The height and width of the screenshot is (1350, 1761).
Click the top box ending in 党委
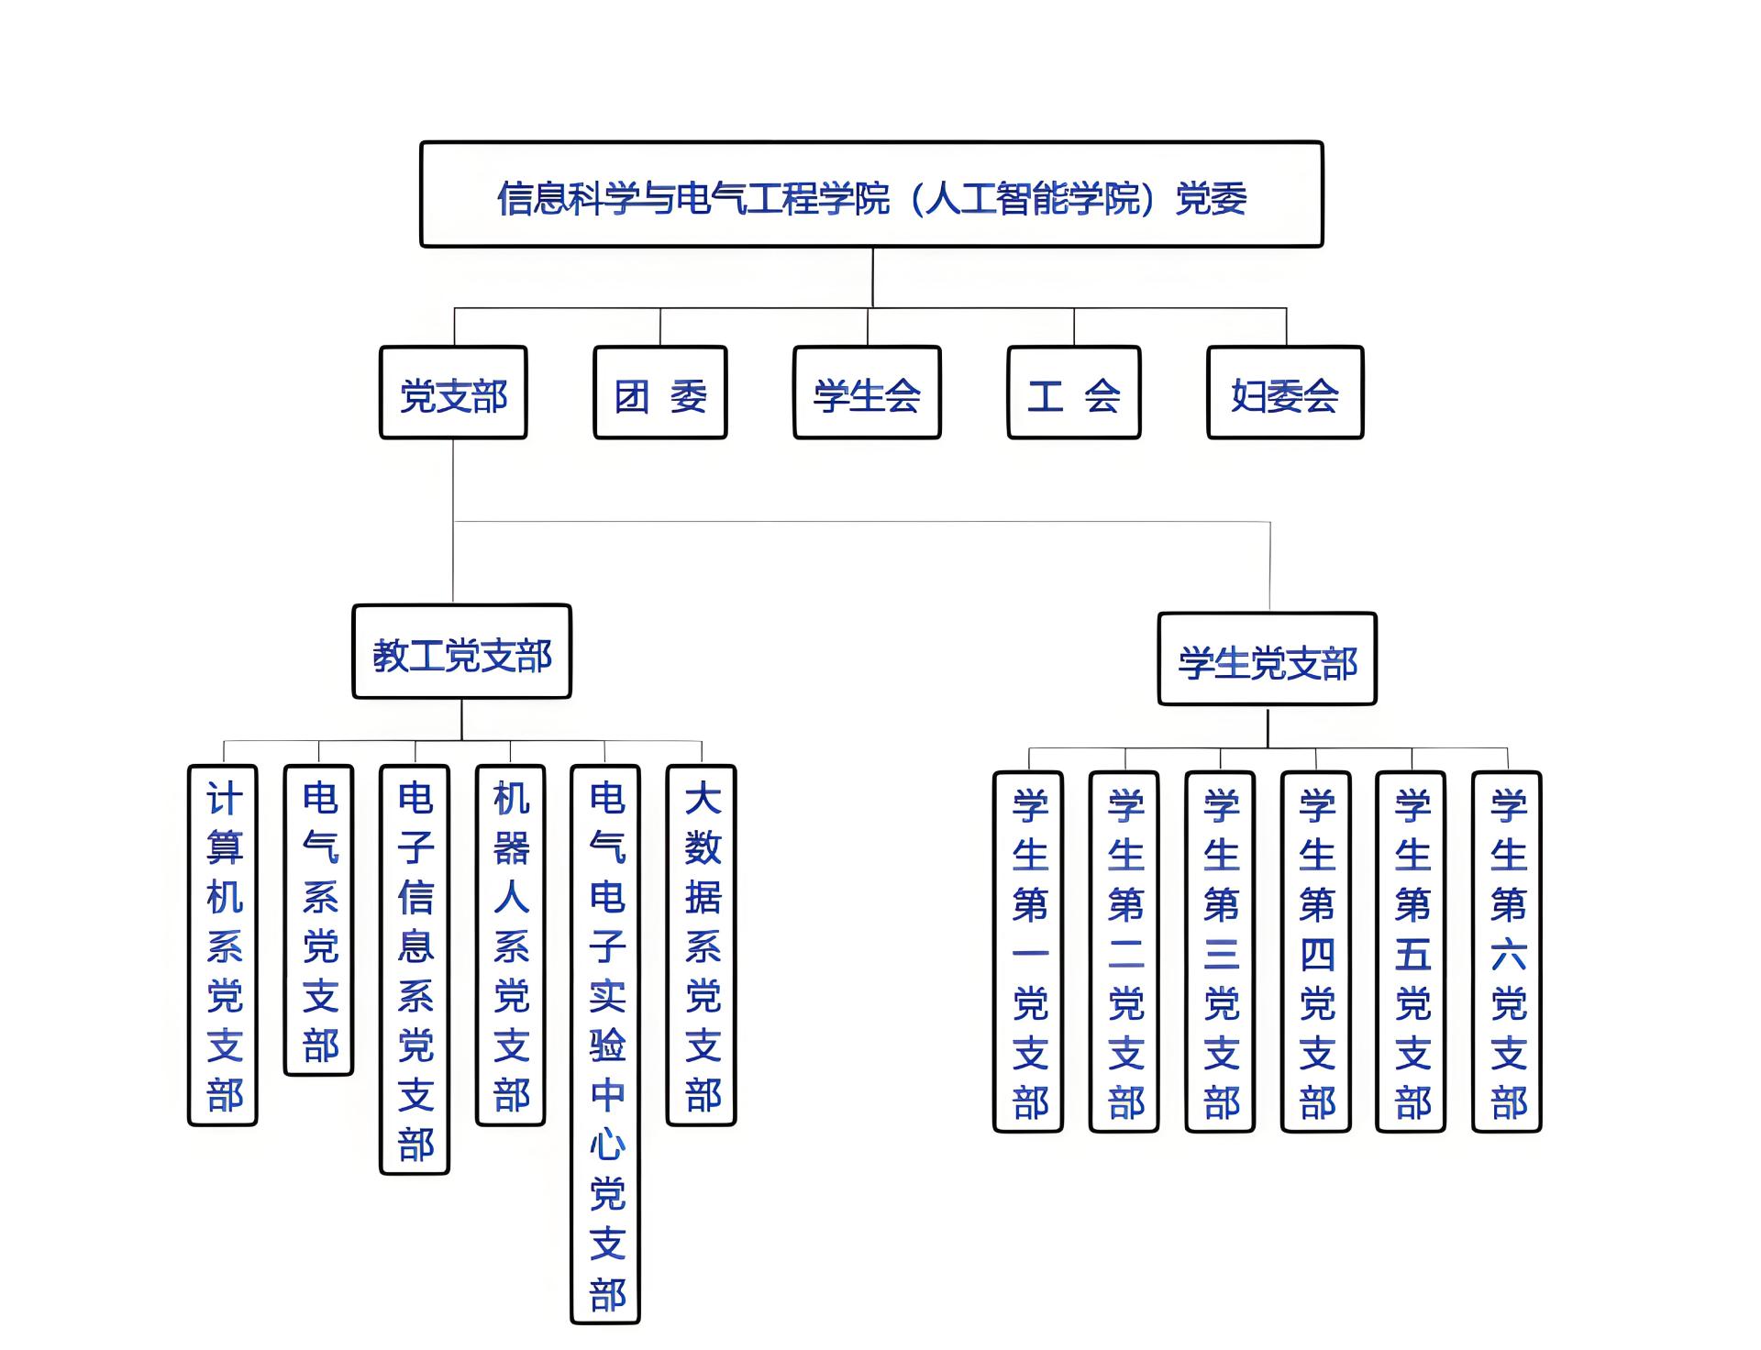[871, 195]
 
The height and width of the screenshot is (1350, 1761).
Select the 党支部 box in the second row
[453, 393]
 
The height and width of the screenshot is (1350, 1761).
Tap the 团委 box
[660, 393]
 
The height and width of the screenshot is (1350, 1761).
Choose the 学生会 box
[867, 393]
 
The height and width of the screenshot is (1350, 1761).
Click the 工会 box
[1074, 393]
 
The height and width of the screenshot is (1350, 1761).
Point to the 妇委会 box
[1285, 393]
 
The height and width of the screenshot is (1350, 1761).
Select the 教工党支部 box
[461, 652]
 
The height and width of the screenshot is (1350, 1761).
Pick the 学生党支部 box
[1268, 659]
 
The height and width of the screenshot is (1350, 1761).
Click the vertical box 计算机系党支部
[223, 946]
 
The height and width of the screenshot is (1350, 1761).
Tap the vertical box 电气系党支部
[319, 921]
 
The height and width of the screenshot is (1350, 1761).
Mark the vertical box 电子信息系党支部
[415, 970]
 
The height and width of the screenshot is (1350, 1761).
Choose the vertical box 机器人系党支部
[511, 946]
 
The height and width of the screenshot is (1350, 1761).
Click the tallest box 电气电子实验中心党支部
[605, 1045]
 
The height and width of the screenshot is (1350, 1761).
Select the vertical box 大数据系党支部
[702, 946]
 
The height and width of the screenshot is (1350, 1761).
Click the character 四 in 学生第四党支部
[1317, 955]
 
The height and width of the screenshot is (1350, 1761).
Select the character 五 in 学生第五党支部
[1412, 955]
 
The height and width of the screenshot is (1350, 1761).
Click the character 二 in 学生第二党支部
[1125, 955]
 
